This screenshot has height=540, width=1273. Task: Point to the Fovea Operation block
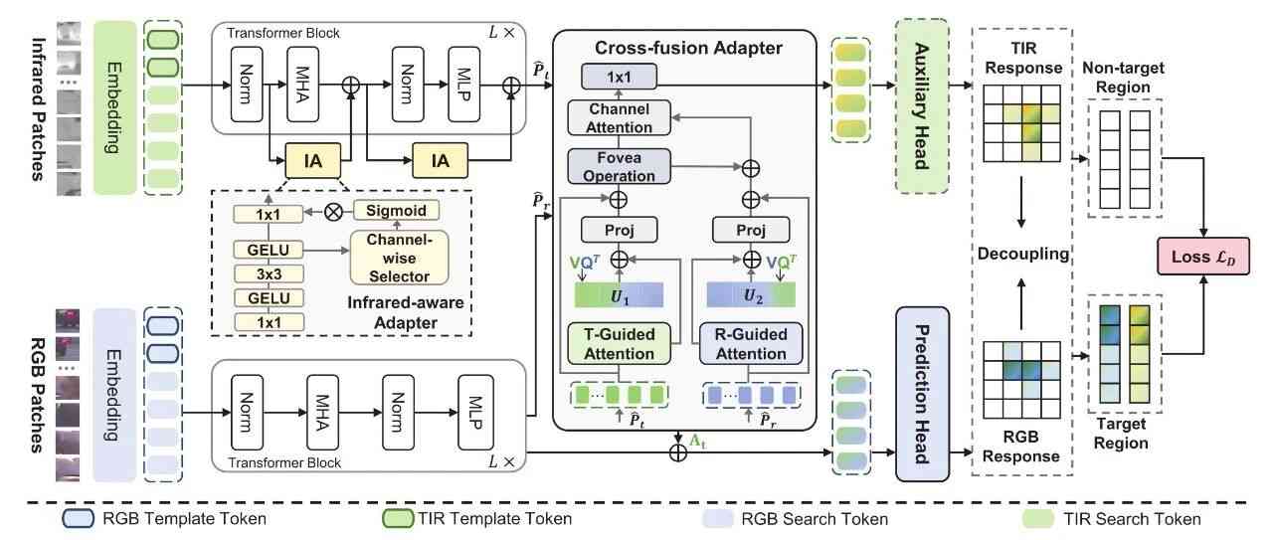(626, 167)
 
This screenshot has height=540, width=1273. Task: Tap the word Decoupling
(1021, 253)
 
